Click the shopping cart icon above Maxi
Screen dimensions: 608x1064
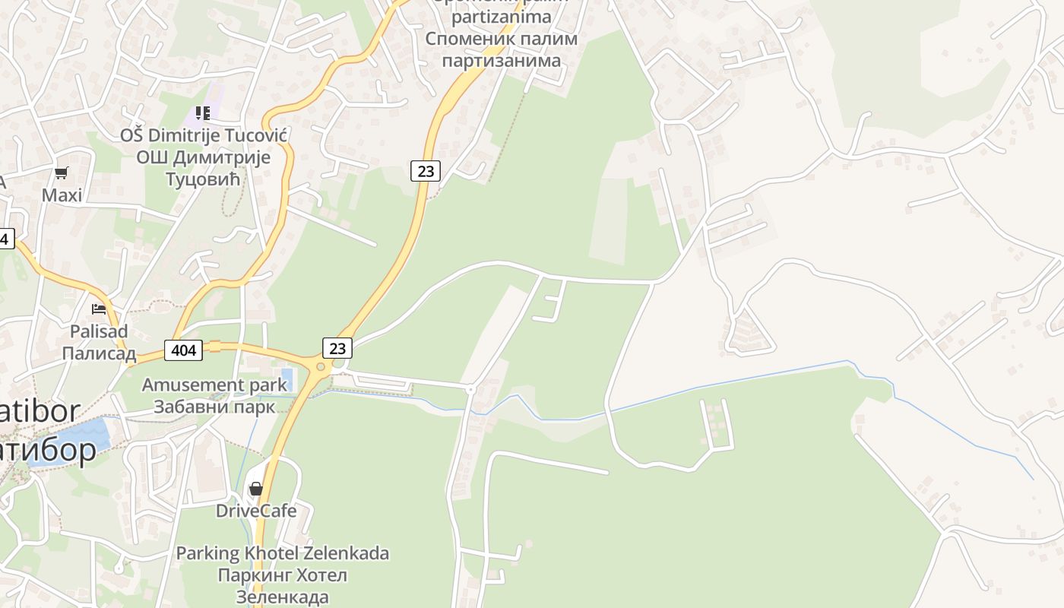click(x=62, y=173)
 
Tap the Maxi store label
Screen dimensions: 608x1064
click(x=62, y=195)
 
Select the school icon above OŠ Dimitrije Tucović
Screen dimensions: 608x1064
click(x=203, y=113)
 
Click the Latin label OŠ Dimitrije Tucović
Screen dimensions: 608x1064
click(x=203, y=136)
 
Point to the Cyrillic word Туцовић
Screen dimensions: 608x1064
click(x=203, y=179)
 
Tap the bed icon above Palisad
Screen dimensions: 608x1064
click(x=99, y=309)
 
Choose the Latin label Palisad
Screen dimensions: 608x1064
click(x=99, y=331)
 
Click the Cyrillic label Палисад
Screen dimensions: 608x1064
click(x=99, y=353)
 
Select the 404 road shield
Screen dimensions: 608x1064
click(x=184, y=350)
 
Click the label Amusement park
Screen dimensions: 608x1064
click(x=215, y=385)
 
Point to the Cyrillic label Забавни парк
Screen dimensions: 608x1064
click(x=215, y=406)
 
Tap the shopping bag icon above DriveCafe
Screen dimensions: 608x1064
click(x=256, y=488)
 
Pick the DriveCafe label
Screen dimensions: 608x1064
click(x=256, y=510)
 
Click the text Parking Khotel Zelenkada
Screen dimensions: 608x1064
click(x=283, y=553)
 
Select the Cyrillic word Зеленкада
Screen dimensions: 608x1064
click(x=283, y=597)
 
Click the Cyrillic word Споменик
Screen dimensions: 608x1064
click(x=468, y=39)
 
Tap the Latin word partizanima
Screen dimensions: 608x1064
click(x=501, y=17)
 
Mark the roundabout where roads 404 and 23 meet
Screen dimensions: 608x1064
click(x=321, y=367)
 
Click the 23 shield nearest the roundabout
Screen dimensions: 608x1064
click(x=337, y=348)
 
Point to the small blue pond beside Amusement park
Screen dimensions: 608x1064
click(x=287, y=378)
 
